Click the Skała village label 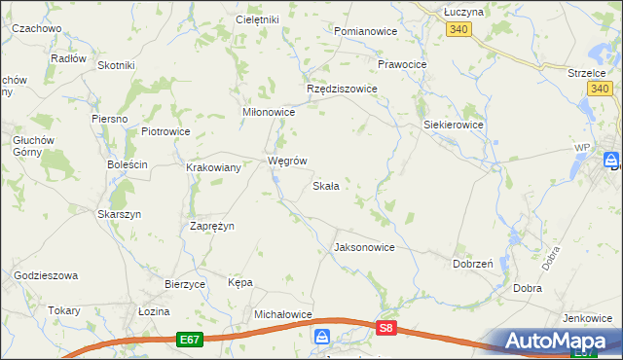[325, 186]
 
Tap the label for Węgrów [288, 161]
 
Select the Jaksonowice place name [364, 247]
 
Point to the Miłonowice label [269, 113]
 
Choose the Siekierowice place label [455, 126]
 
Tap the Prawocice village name [402, 64]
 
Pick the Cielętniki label [258, 19]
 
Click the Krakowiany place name [214, 167]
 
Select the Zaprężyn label [211, 225]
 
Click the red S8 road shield [386, 329]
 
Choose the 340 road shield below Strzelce [600, 89]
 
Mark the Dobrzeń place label [472, 263]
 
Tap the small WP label [582, 147]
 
